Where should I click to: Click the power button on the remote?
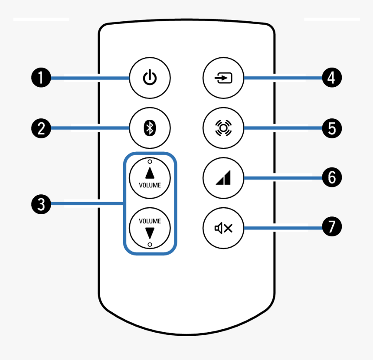pos(150,79)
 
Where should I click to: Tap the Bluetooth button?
pos(150,128)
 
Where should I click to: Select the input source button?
pos(224,79)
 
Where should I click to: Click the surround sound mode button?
pos(224,128)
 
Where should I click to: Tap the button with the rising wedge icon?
pos(224,178)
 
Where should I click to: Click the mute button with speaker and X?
pos(224,227)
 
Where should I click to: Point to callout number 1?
pos(41,79)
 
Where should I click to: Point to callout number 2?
pos(41,128)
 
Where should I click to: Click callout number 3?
pos(41,203)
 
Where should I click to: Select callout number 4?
pos(331,79)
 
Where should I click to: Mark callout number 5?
pos(331,128)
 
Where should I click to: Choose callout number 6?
pos(331,178)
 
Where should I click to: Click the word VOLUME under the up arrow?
pos(150,185)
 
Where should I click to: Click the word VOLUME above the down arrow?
pos(150,221)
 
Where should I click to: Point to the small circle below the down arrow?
pos(150,245)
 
